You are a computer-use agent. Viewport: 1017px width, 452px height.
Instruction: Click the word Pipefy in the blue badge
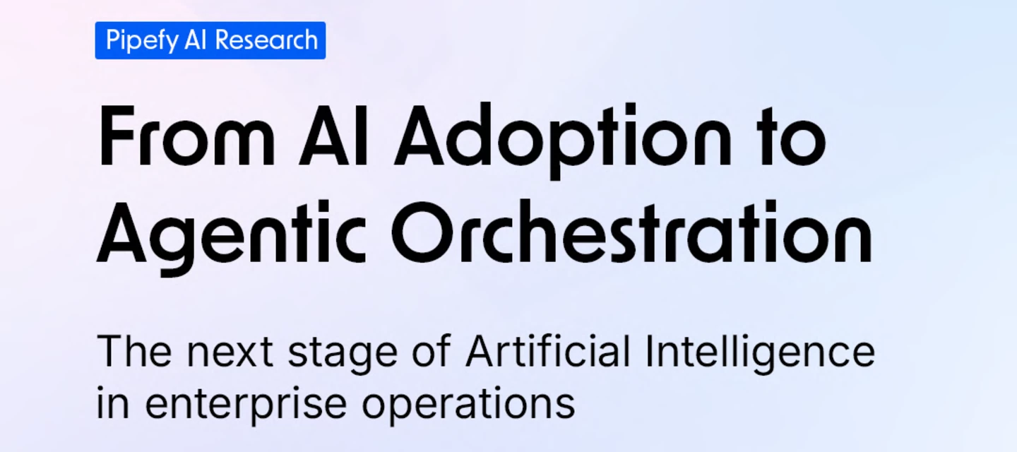click(142, 41)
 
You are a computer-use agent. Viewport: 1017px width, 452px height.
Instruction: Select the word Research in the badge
click(266, 40)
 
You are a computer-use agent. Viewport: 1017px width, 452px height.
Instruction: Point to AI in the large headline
click(333, 135)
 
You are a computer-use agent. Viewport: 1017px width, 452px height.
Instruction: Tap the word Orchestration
click(632, 232)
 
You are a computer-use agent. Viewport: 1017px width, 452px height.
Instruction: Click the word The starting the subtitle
click(135, 351)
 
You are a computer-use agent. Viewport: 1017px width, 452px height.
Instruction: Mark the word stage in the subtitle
click(343, 355)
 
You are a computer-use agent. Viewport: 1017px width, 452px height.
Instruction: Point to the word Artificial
click(548, 350)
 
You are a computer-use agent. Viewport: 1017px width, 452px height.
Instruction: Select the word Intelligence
click(760, 354)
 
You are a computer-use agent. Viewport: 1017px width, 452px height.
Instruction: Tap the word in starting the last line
click(113, 402)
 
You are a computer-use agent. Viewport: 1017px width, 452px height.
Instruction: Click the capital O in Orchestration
click(424, 232)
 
